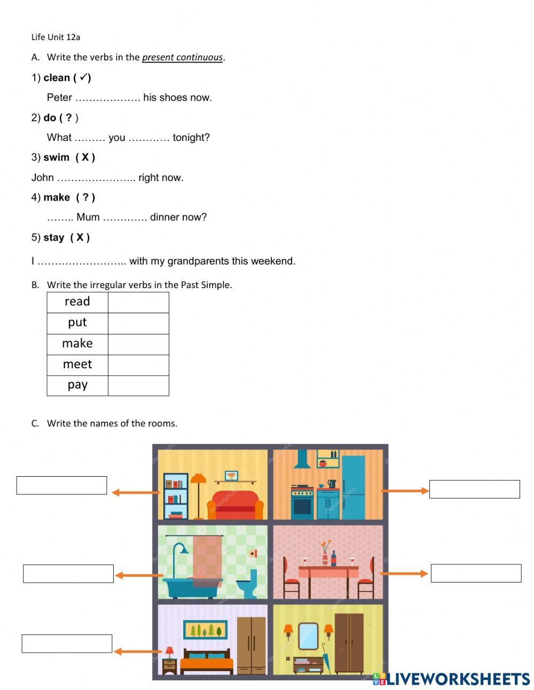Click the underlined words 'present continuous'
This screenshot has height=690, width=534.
182,57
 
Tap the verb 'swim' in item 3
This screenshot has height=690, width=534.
56,157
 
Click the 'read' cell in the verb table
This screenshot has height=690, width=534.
77,302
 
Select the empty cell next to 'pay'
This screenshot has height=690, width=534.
138,385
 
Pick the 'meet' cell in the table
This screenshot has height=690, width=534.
77,365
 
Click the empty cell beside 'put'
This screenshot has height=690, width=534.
138,323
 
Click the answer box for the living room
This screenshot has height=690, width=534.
61,485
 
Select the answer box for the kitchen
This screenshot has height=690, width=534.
474,489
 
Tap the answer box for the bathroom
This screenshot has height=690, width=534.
68,573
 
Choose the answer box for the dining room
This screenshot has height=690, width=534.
476,573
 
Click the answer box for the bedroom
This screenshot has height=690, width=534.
67,644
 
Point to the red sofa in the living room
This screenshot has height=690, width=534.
235,505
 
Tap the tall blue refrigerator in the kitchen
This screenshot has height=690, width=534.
353,486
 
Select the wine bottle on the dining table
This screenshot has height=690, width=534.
334,558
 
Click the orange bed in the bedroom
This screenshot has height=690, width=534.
207,663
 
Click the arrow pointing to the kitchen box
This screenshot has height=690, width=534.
405,491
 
